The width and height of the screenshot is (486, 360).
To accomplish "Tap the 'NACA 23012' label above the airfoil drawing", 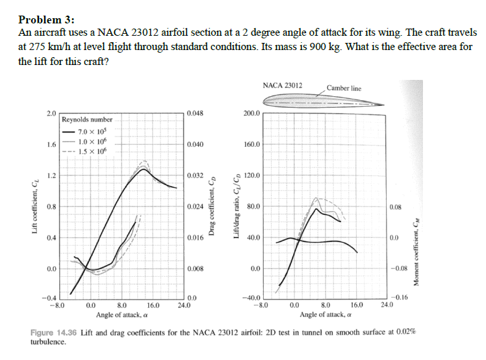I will coord(282,85).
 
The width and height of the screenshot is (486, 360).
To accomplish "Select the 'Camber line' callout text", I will coord(344,88).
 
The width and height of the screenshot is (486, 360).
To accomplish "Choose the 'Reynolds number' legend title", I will coord(87,120).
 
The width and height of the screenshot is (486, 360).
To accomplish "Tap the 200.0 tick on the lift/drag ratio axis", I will coord(251,113).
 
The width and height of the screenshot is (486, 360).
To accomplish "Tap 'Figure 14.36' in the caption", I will coord(54,332).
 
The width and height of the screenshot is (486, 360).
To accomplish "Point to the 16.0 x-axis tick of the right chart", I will coord(357,303).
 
